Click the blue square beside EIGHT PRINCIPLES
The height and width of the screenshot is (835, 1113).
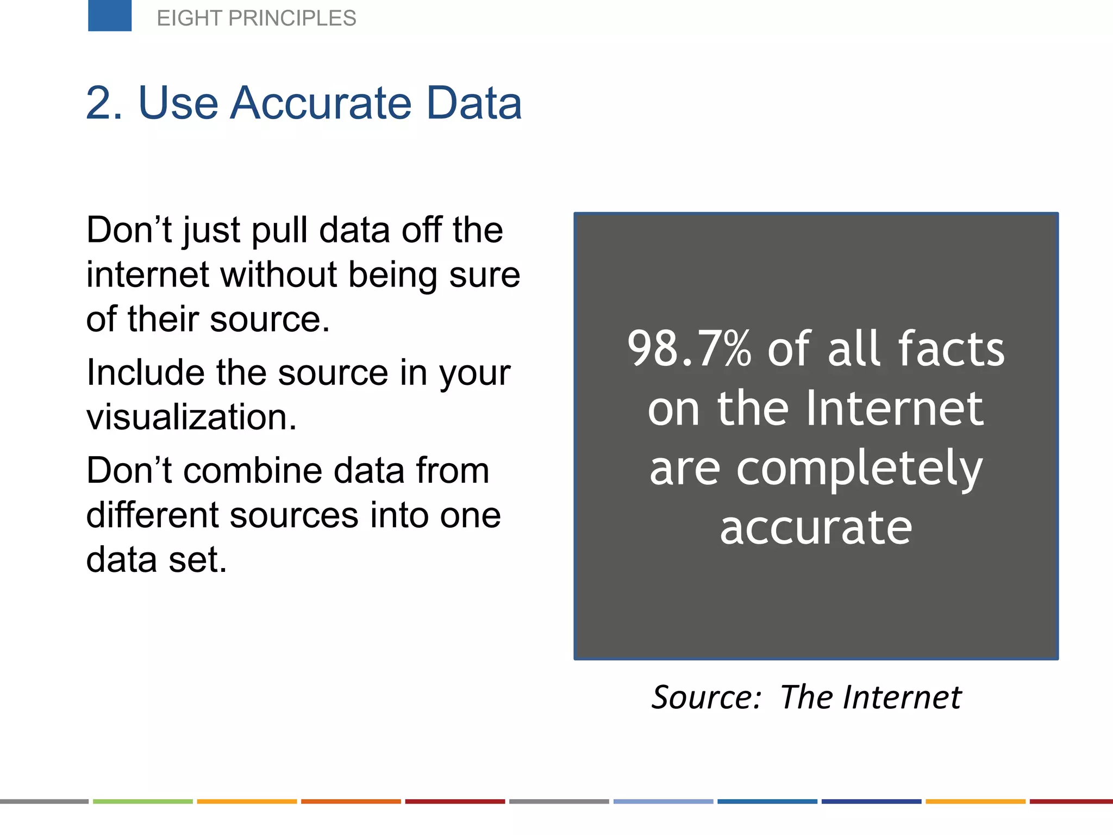point(110,15)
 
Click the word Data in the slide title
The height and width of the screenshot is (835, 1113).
point(474,103)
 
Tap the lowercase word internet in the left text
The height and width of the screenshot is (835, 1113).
point(147,275)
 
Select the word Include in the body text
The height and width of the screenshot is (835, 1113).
point(145,373)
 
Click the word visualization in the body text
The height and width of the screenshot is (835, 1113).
point(191,417)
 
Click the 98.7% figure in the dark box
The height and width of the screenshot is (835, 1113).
point(689,349)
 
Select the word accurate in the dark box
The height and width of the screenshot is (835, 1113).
point(816,527)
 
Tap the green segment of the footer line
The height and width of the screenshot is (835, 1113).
point(142,801)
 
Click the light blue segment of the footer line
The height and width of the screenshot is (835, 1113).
point(663,801)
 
